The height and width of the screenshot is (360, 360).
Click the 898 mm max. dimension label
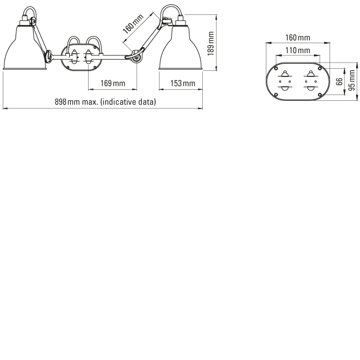click(x=105, y=102)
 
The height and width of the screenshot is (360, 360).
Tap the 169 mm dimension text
click(x=113, y=83)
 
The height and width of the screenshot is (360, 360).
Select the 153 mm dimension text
click(x=183, y=83)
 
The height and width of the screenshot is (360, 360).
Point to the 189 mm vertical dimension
click(x=210, y=44)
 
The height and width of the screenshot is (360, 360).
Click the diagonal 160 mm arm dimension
click(x=133, y=24)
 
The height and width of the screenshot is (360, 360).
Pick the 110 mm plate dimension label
click(x=297, y=50)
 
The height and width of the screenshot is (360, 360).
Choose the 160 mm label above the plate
click(x=297, y=38)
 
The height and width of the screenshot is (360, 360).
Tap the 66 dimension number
click(x=339, y=81)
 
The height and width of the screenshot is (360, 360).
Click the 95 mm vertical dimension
click(x=352, y=80)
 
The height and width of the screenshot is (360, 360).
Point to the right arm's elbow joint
click(x=136, y=57)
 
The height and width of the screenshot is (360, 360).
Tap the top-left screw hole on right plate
click(x=276, y=69)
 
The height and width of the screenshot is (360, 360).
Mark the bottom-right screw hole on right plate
click(x=320, y=95)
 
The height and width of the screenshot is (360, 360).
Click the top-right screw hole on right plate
click(x=320, y=69)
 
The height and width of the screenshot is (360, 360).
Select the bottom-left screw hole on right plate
click(x=276, y=95)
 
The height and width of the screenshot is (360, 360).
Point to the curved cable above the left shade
click(x=30, y=8)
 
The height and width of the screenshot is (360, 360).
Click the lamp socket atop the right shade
click(x=181, y=21)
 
